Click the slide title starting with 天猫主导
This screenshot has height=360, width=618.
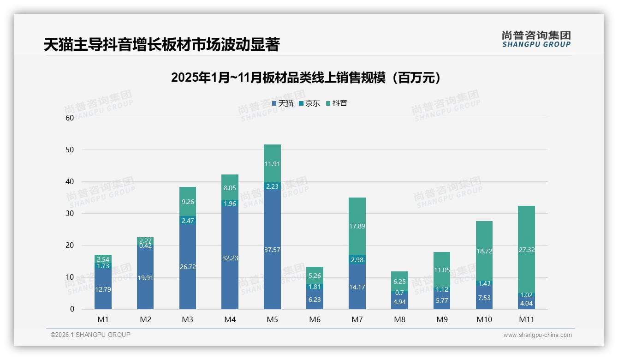(161, 44)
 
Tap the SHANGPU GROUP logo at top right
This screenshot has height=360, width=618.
(536, 39)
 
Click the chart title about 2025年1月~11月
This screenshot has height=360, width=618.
(305, 78)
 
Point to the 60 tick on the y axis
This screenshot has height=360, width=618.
(70, 118)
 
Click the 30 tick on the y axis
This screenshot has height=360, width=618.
(70, 214)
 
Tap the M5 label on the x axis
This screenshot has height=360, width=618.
(272, 319)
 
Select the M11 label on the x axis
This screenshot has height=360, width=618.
(526, 319)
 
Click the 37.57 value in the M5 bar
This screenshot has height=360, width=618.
(272, 250)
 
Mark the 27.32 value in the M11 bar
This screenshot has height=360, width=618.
(526, 249)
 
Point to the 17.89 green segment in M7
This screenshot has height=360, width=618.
(357, 226)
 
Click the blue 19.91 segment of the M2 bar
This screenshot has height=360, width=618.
(145, 278)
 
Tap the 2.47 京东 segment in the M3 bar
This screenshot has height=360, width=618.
(188, 221)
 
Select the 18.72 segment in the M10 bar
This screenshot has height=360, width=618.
(484, 251)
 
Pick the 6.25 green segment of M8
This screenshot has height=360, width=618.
(399, 281)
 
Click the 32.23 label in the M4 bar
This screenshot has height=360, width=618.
(230, 258)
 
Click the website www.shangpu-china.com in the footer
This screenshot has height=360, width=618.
(537, 335)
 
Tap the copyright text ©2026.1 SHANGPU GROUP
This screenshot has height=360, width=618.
(90, 335)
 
